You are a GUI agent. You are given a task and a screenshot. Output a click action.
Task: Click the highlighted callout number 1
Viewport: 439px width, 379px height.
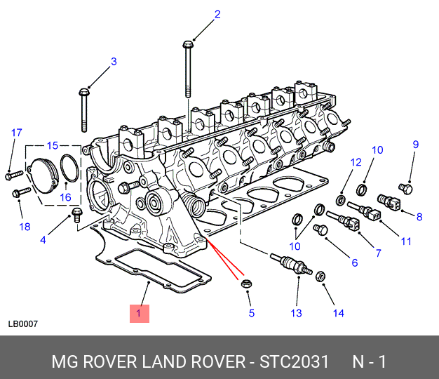click(x=139, y=314)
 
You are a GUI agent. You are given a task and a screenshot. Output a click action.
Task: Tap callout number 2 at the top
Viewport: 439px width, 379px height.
click(x=217, y=14)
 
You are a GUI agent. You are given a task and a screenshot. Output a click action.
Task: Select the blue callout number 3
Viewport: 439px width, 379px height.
click(x=114, y=62)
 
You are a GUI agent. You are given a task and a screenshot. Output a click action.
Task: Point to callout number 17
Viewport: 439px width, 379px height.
click(x=17, y=133)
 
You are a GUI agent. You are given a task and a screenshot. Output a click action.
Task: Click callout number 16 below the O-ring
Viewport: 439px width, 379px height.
click(x=65, y=197)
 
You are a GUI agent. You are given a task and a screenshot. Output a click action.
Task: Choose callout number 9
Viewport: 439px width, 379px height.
click(x=416, y=145)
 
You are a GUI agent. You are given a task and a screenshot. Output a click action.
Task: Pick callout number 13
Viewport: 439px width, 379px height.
click(x=296, y=313)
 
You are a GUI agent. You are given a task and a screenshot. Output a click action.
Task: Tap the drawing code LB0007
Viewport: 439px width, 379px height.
click(x=23, y=324)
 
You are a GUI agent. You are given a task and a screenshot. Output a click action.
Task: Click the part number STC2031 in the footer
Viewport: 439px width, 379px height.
click(x=294, y=361)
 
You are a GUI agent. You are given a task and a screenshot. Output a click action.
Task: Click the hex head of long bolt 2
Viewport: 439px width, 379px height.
click(x=187, y=44)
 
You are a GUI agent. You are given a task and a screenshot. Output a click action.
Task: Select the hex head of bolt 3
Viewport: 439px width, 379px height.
click(x=84, y=92)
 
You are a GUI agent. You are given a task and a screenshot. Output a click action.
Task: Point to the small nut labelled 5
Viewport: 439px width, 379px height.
click(x=246, y=284)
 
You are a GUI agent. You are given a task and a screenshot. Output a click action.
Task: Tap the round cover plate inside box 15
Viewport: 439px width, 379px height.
click(x=43, y=176)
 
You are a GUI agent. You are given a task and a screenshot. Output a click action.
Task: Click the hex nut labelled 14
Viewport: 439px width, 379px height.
click(x=320, y=277)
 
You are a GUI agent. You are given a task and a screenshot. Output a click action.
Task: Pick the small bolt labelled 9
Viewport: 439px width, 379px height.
click(x=405, y=189)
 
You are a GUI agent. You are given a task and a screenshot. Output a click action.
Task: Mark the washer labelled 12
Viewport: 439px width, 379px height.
click(x=341, y=200)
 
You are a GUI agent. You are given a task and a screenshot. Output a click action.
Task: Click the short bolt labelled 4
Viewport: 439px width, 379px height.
click(x=76, y=215)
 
